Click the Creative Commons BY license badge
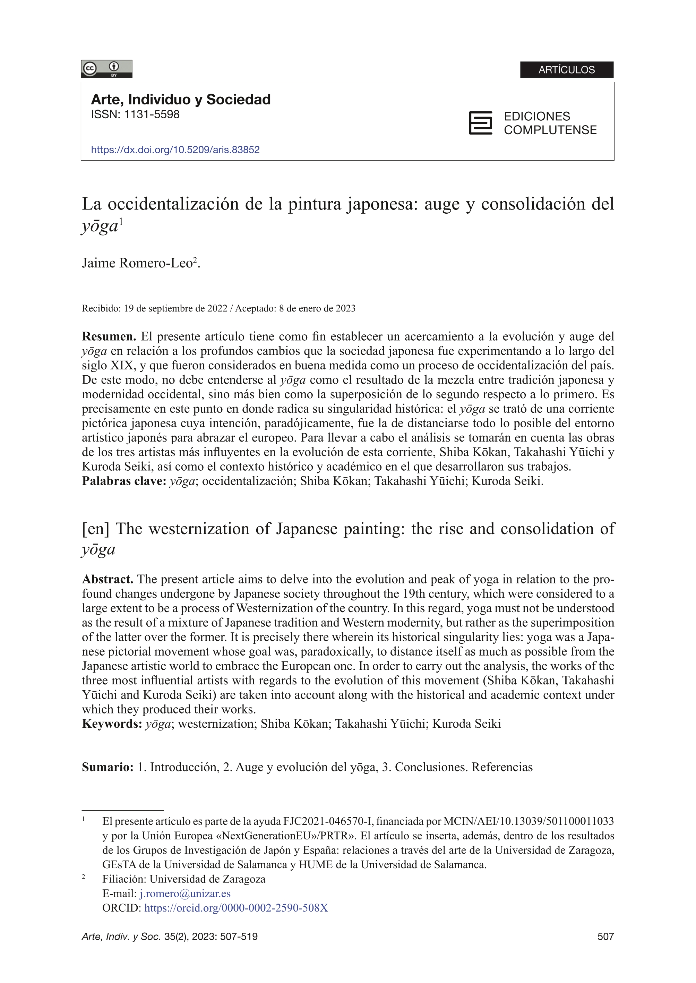point(106,69)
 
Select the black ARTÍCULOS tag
point(567,70)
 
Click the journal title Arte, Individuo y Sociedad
point(180,100)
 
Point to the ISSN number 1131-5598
point(151,115)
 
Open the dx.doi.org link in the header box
point(175,149)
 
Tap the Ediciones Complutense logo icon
point(480,123)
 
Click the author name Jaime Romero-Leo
point(137,263)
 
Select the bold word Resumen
point(109,336)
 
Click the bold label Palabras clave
point(124,481)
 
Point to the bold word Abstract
point(108,579)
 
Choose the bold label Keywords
point(112,724)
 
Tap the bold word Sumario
point(108,767)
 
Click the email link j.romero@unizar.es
point(185,894)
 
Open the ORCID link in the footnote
point(236,908)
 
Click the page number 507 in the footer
point(605,937)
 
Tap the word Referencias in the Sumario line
point(502,767)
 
